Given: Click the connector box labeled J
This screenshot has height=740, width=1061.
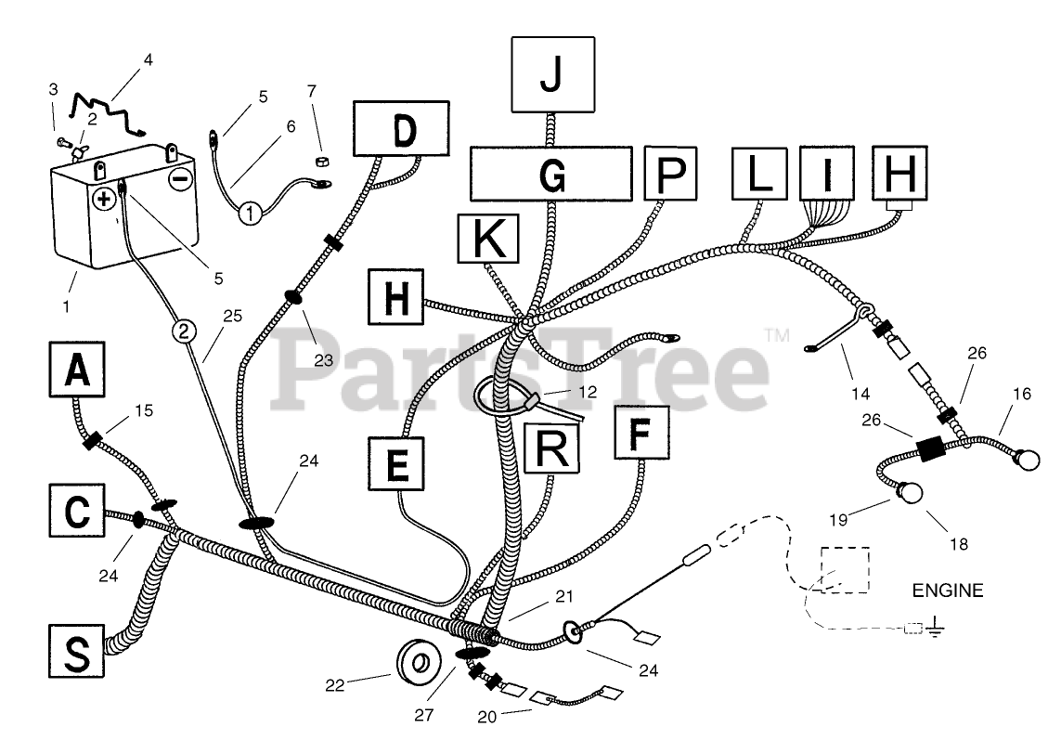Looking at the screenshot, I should point(553,74).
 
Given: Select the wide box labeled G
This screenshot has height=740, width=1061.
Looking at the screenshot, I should point(551,174).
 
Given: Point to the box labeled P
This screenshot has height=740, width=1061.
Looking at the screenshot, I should point(670,174).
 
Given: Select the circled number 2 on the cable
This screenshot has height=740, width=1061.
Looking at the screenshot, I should point(185,331).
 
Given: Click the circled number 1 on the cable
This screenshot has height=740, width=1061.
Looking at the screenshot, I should point(251,214).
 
